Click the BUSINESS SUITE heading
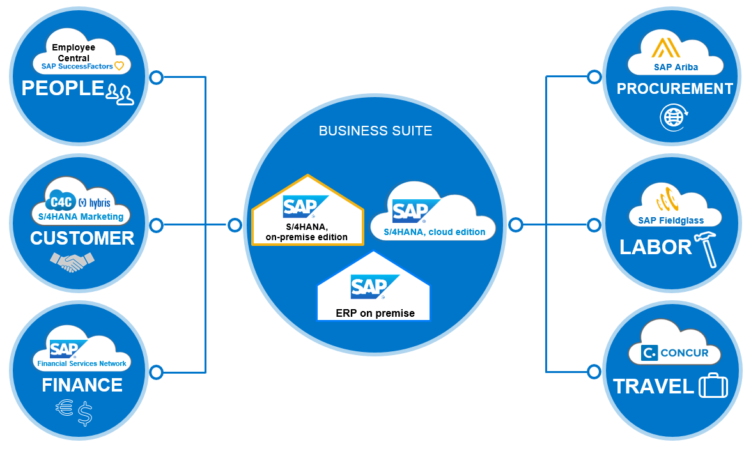[375, 131]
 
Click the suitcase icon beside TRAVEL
[713, 386]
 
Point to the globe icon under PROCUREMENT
[674, 117]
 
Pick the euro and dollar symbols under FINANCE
[74, 412]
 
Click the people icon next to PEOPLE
[120, 93]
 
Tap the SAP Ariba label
[676, 66]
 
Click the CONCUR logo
[676, 353]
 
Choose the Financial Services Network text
[82, 363]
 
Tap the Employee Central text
[74, 52]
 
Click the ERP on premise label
[375, 313]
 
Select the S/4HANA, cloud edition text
[435, 232]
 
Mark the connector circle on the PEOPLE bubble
[156, 78]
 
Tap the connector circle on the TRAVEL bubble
[594, 371]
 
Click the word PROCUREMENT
[674, 89]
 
